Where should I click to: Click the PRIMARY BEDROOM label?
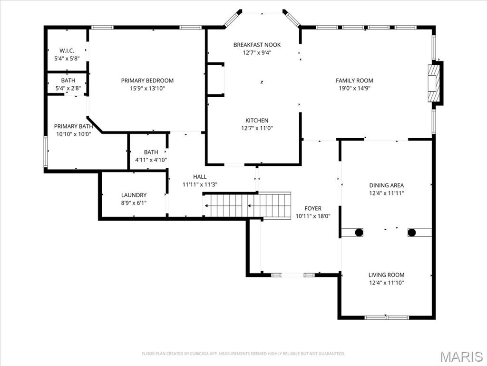coord(147,81)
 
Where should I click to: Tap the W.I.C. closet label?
coord(67,51)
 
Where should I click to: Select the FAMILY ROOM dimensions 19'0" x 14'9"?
coord(354,88)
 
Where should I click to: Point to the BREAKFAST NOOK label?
coord(257,45)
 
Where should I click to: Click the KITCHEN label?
coord(257,121)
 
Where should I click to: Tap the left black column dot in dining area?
coord(359,233)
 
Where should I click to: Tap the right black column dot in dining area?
coord(412,233)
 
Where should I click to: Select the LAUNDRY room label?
coord(134,195)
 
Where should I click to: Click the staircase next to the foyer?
coord(247,205)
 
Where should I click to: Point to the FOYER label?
coord(313,208)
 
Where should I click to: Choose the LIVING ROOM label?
coord(386,275)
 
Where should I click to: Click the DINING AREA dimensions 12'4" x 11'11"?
coord(386,193)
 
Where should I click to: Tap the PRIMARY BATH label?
coord(73,126)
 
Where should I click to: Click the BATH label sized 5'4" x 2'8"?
coord(68,81)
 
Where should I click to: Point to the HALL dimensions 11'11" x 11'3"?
coord(200,184)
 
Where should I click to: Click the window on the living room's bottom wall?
coord(386,317)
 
